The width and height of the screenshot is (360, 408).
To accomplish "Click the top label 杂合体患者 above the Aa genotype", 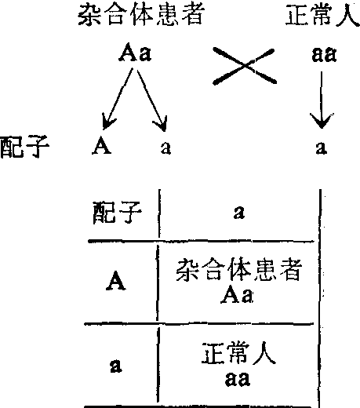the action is coord(141,15).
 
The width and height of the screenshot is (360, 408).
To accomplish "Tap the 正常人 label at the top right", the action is coord(323,15).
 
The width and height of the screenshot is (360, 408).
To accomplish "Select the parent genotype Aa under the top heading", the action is coord(135,53).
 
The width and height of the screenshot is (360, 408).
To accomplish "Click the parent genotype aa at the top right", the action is coord(324,54).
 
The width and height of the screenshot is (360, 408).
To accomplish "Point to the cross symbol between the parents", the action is coord(245,66).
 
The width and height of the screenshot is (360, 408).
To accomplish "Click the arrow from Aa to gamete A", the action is coord(118,99).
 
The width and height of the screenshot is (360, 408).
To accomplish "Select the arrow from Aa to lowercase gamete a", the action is coord(152,100).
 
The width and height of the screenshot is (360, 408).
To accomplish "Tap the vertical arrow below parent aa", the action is coord(322,100).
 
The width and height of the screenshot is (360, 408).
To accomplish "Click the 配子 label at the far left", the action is coord(25,147).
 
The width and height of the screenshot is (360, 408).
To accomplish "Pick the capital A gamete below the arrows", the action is coord(102,145).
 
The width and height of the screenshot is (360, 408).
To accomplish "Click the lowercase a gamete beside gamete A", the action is coord(165,148).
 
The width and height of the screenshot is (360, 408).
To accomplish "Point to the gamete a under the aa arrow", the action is coord(322,148).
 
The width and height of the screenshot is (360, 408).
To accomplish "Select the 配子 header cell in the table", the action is coord(118,213).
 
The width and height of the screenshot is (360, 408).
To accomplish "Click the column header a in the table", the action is coord(239,212).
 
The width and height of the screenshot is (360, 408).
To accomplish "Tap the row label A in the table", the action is coord(116,281).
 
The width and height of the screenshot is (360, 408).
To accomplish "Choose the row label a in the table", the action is coord(115,366).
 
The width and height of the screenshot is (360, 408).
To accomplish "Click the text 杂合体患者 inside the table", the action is coord(239,270).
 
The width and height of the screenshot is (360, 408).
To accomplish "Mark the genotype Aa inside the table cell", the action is coord(237,294).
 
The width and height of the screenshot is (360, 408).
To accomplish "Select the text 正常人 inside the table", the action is coord(238,353).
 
